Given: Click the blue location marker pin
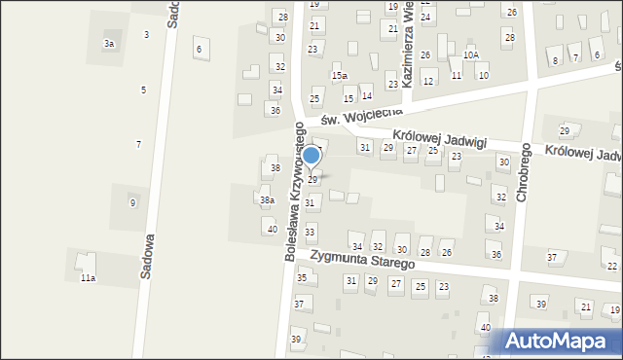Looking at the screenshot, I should pyautogui.click(x=311, y=156).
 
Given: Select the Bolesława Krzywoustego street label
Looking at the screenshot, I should pyautogui.click(x=293, y=198).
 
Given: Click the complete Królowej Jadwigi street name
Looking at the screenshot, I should pyautogui.click(x=439, y=138).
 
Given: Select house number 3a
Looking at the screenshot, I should pyautogui.click(x=110, y=44).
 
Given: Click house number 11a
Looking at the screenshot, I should pyautogui.click(x=88, y=278).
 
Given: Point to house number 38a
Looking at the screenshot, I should pyautogui.click(x=267, y=199).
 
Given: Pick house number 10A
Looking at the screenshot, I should pyautogui.click(x=471, y=55).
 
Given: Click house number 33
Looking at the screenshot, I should pyautogui.click(x=310, y=232).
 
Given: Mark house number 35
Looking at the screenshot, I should pyautogui.click(x=302, y=278).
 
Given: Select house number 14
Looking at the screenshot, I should pyautogui.click(x=367, y=95).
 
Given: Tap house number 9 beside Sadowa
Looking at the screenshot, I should pyautogui.click(x=132, y=202).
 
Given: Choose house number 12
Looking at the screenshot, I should pyautogui.click(x=427, y=81).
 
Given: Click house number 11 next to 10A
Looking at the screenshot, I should pyautogui.click(x=457, y=75).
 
